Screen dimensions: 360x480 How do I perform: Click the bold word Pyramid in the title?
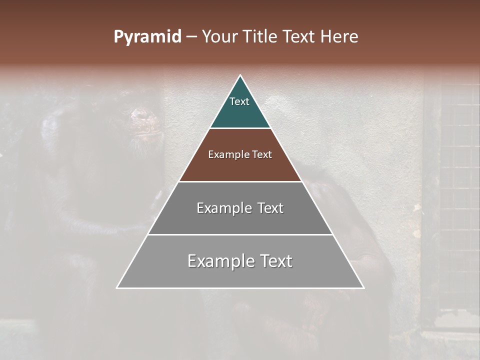coord(147,37)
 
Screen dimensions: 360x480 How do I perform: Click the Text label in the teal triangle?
coord(239,101)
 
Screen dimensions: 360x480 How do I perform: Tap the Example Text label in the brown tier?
coord(240,154)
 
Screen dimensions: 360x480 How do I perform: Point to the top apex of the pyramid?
coord(240,75)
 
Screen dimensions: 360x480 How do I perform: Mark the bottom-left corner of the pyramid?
coord(117,287)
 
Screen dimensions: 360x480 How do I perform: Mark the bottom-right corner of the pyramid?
coord(363,287)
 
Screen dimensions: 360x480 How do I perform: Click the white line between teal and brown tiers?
coord(240,128)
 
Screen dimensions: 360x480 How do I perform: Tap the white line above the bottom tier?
coord(240,234)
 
